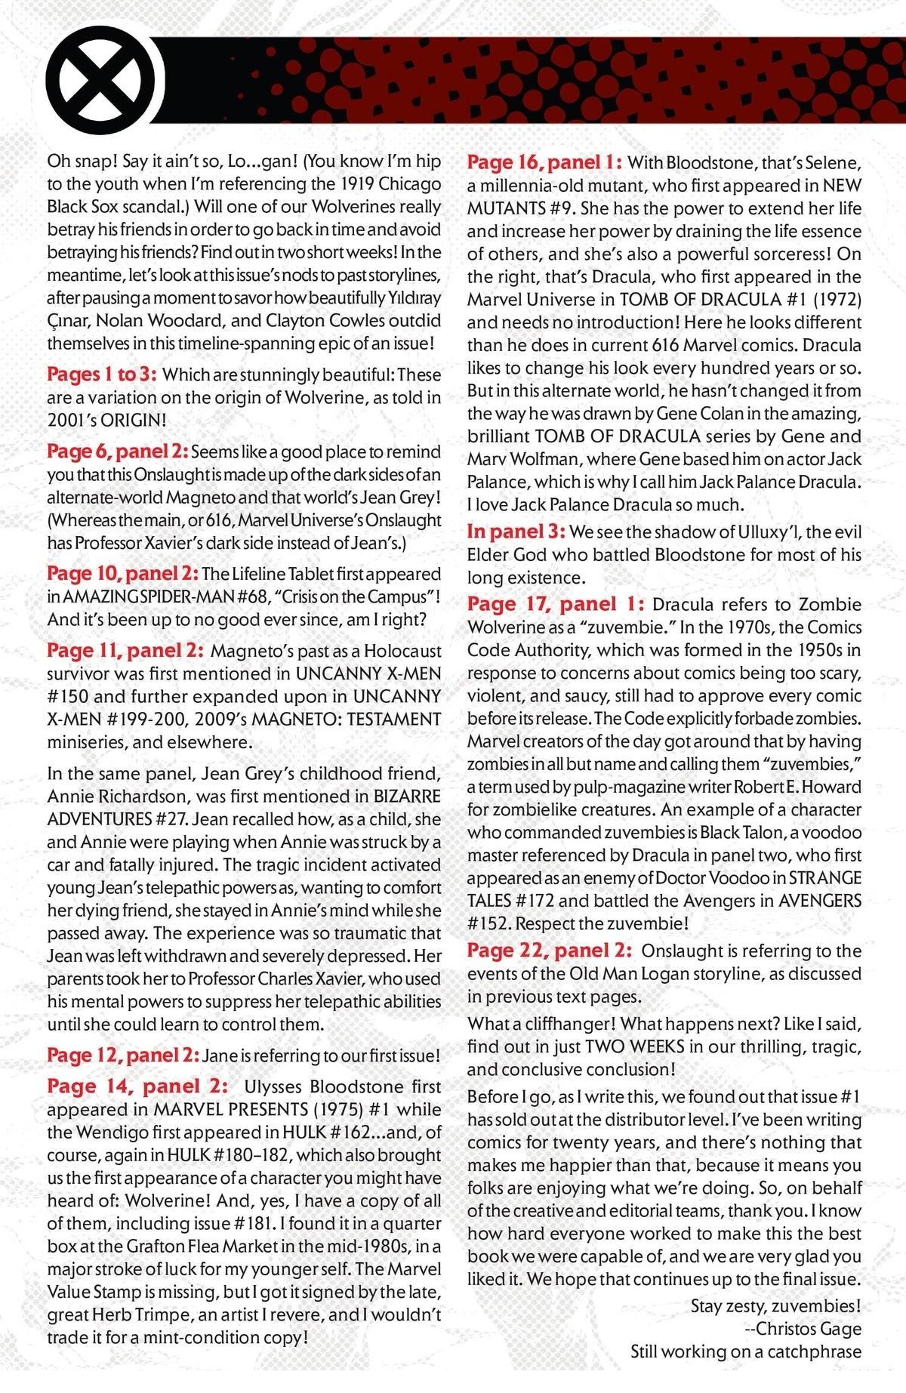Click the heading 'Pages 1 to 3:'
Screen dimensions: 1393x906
tap(101, 374)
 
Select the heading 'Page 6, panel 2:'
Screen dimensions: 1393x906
tap(117, 451)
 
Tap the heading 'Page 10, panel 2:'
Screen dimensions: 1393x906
tap(122, 574)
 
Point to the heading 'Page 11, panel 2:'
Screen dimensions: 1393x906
tap(125, 650)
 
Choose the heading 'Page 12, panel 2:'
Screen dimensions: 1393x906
tap(122, 1055)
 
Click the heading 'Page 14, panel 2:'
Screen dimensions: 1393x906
tap(137, 1086)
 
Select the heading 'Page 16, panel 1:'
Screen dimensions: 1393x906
tap(544, 162)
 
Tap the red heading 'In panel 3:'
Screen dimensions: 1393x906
tap(516, 532)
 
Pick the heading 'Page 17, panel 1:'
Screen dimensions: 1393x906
tap(556, 604)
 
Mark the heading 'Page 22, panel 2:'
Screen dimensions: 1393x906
tap(549, 951)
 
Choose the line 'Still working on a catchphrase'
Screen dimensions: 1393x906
tap(746, 1351)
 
